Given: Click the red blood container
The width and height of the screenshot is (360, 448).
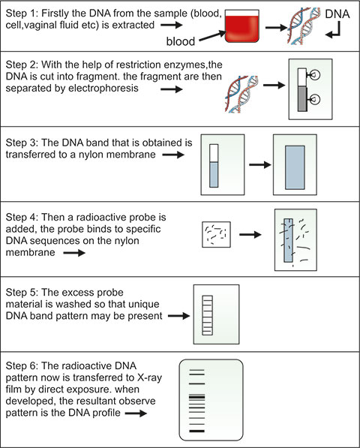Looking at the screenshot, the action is tap(241, 26).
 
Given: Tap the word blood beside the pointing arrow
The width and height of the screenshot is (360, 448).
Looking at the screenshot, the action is tap(181, 42).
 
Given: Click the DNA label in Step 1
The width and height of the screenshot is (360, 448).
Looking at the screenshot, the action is tap(337, 14).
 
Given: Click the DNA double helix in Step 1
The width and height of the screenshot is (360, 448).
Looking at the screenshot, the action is tap(303, 26).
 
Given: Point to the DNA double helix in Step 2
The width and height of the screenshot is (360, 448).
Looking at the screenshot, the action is tap(241, 94).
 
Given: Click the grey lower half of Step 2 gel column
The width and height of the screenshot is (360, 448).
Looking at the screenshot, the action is tap(302, 99).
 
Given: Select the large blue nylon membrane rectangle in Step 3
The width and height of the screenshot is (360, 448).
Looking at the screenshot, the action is tap(295, 167).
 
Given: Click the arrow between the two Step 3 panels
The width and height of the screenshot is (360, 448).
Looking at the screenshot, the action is tap(259, 164).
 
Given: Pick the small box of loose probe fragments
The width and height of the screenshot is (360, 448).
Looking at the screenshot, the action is tap(216, 234).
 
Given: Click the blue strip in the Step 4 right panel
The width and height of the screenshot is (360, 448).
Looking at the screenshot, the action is tap(288, 240).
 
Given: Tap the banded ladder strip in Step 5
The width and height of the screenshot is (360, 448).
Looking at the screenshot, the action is tap(208, 315).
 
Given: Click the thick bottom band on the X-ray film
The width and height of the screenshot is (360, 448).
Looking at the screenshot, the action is tap(197, 431).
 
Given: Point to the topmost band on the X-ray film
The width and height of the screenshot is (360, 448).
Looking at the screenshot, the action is tap(197, 370).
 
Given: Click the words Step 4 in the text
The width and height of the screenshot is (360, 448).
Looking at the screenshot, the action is tap(22, 218).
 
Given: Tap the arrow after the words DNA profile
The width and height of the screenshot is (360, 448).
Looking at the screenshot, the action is tap(136, 413).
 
